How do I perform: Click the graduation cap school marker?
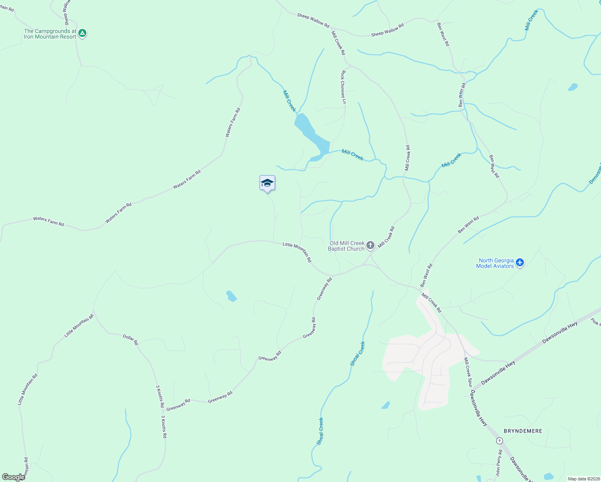267,183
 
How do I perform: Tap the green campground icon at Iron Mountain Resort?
82,33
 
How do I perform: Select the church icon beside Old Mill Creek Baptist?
370,245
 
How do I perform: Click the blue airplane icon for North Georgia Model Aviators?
520,263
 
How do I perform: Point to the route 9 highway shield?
499,441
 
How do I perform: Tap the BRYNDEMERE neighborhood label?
523,431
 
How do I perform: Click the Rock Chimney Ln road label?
343,87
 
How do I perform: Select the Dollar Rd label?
130,340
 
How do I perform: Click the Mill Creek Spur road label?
468,372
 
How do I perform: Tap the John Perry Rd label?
499,463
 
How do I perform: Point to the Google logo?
13,477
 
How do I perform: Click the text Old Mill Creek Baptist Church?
347,246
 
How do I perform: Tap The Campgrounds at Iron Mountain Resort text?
50,34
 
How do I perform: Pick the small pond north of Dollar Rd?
231,296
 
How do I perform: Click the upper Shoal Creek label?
358,353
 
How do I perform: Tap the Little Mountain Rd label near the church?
297,252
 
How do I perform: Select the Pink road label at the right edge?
596,322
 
